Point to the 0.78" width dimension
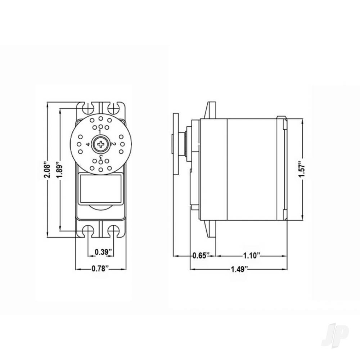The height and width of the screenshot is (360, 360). pos(100,268)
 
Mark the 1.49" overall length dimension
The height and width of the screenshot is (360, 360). pos(239,269)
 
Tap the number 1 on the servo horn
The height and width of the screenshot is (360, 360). pos(100,132)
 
